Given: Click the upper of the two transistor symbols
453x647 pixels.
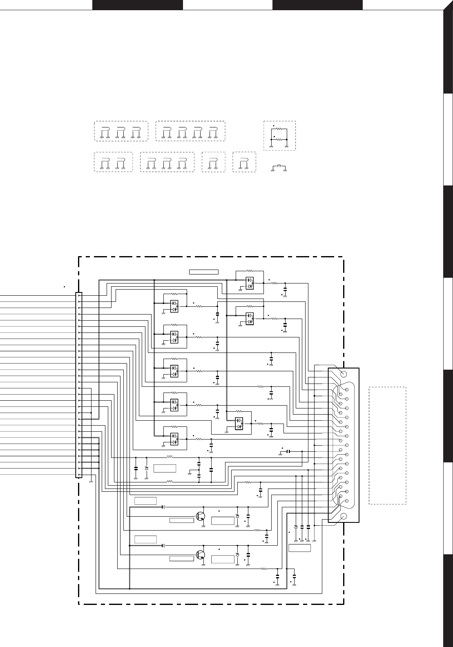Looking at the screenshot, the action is pyautogui.click(x=201, y=516).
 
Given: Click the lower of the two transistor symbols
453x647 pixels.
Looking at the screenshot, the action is pyautogui.click(x=201, y=555).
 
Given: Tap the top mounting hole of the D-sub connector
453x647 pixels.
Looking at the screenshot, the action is pyautogui.click(x=344, y=374).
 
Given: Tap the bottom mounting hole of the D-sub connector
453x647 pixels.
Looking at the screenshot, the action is pyautogui.click(x=344, y=516).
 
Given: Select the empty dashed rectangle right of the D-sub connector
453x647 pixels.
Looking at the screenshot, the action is pyautogui.click(x=387, y=445).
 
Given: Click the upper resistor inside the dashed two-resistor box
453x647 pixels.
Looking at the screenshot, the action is pyautogui.click(x=279, y=129).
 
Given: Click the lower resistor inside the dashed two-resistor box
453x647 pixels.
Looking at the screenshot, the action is pyautogui.click(x=279, y=139).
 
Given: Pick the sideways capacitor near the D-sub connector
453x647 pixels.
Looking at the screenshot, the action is pyautogui.click(x=288, y=451).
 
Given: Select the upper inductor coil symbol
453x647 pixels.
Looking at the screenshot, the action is pyautogui.click(x=170, y=457).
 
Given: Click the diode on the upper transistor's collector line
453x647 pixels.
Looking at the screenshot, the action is pyautogui.click(x=163, y=507).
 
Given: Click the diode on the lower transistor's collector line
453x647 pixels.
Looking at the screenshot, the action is pyautogui.click(x=163, y=546).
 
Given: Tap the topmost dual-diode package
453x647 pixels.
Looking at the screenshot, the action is pyautogui.click(x=249, y=283).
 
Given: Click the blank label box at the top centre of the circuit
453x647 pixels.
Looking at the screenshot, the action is pyautogui.click(x=204, y=272).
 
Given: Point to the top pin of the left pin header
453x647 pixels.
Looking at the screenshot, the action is pyautogui.click(x=79, y=295).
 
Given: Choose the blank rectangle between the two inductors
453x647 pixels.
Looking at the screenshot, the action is pyautogui.click(x=165, y=469).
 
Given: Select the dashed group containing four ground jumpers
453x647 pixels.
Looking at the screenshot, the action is pyautogui.click(x=191, y=131).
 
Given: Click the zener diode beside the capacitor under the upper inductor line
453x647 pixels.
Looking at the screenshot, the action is pyautogui.click(x=146, y=468).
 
